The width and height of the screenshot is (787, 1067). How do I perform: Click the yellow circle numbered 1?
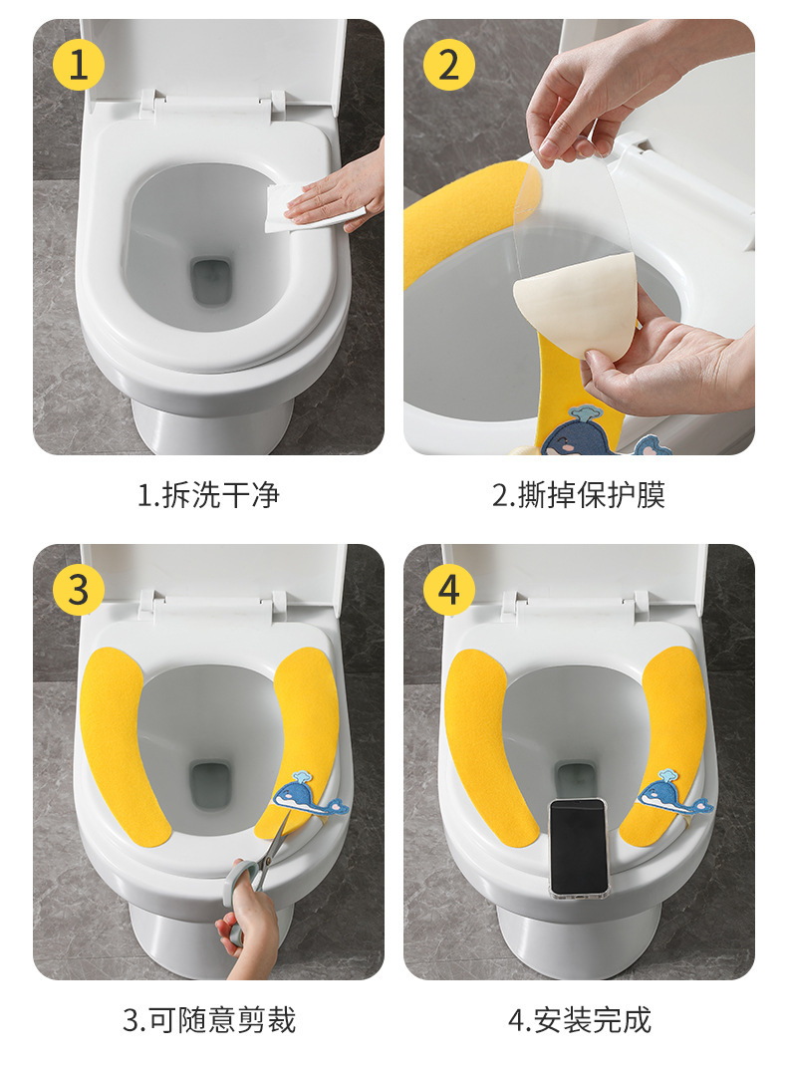pyautogui.click(x=79, y=66)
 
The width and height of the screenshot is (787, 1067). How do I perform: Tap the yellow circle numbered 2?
pyautogui.click(x=449, y=66)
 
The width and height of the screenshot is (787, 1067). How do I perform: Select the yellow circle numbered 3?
pyautogui.click(x=79, y=590)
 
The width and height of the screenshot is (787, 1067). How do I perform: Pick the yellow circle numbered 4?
pyautogui.click(x=449, y=590)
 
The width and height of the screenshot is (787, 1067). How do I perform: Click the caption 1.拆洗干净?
pyautogui.click(x=208, y=495)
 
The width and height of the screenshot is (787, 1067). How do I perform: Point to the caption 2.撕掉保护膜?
pyautogui.click(x=578, y=495)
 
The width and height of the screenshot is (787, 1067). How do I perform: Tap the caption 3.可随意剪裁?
pyautogui.click(x=209, y=1020)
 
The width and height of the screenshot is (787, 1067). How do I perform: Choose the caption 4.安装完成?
pyautogui.click(x=580, y=1020)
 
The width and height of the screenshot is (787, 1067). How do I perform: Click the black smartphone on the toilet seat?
pyautogui.click(x=578, y=846)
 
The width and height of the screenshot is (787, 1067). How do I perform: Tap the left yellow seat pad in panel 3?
pyautogui.click(x=122, y=746)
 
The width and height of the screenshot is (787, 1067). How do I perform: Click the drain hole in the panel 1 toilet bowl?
pyautogui.click(x=210, y=281)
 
